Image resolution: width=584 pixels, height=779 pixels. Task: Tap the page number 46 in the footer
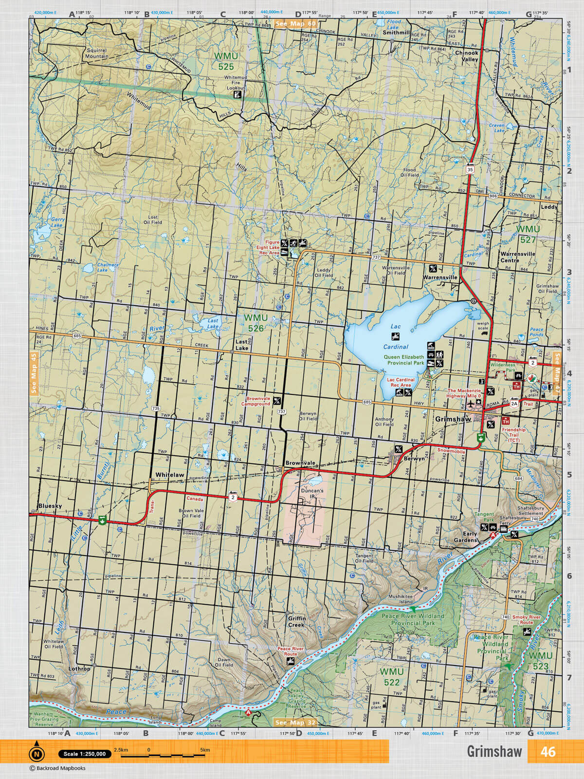tap(547, 752)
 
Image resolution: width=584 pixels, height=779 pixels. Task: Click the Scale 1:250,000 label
tap(85, 754)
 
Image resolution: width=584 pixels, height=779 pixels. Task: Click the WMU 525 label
tap(226, 62)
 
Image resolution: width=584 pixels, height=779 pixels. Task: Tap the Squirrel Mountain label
tap(97, 53)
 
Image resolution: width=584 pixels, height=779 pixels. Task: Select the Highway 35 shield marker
tap(470, 169)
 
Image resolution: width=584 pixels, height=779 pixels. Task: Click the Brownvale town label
tap(300, 463)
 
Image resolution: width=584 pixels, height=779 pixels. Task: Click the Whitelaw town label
tap(170, 475)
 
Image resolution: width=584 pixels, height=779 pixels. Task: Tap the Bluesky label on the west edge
tap(50, 506)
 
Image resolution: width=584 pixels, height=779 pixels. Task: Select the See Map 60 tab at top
tap(295, 23)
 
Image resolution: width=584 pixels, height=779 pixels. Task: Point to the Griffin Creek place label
tap(296, 621)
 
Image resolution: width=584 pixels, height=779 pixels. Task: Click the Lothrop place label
tap(79, 669)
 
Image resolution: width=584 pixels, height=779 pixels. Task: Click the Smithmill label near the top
tap(397, 33)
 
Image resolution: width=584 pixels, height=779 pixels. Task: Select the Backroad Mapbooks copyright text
tap(57, 768)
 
